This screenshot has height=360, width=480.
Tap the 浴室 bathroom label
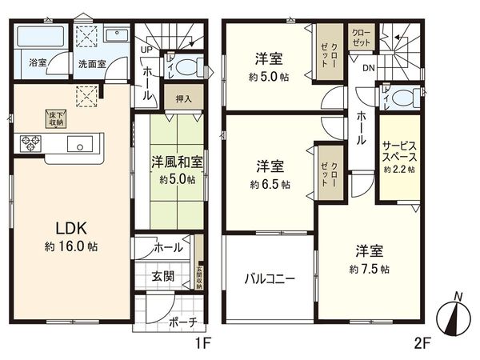[38, 62]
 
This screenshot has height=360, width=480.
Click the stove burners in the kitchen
[30, 144]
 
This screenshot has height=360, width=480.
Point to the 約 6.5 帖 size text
[270, 184]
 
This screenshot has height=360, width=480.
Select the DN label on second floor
[368, 69]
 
